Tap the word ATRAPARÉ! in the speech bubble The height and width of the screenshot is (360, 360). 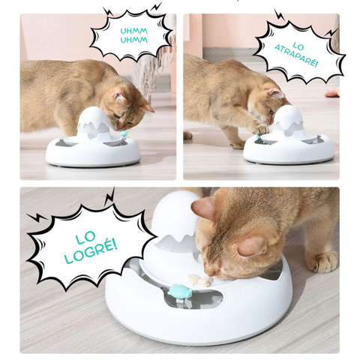tap(296, 56)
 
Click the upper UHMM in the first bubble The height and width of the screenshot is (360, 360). tap(133, 31)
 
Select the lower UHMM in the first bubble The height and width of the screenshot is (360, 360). tap(133, 40)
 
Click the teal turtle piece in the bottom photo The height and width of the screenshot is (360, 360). tap(179, 291)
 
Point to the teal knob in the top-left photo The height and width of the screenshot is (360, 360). tap(124, 133)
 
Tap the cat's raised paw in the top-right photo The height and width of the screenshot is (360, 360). tap(259, 129)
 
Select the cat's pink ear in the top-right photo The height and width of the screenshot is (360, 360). tap(276, 94)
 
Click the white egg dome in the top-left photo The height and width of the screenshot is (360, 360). tap(93, 121)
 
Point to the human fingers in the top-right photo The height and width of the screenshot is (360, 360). tap(332, 92)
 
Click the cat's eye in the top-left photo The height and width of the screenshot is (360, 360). tap(116, 115)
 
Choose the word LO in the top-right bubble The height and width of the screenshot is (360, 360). tap(298, 46)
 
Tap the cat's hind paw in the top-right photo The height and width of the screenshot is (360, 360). tap(187, 135)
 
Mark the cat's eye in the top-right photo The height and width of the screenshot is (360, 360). tap(271, 112)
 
